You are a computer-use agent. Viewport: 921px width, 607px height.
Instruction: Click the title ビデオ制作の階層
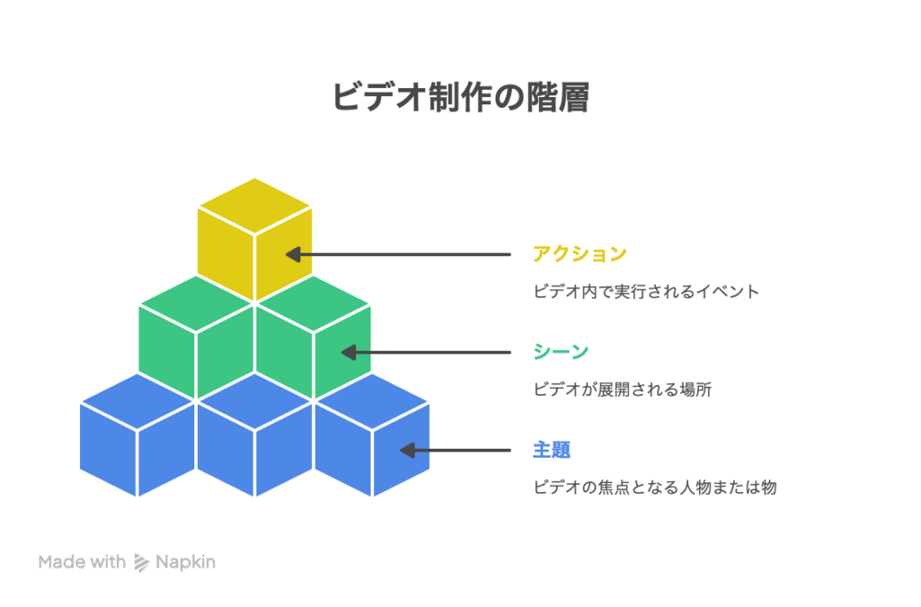[x=460, y=97]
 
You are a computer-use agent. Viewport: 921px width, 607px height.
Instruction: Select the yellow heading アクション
[x=580, y=254]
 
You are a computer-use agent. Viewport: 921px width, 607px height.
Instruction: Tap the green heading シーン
[x=561, y=352]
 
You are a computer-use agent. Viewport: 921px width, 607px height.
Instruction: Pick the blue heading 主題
[x=551, y=450]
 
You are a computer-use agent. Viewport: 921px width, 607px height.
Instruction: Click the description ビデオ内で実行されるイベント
[x=646, y=291]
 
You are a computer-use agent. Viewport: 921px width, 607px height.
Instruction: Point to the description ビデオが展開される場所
[x=622, y=389]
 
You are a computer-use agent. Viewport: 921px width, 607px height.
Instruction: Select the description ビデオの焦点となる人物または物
[x=655, y=487]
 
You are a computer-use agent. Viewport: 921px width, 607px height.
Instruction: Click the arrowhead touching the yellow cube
[x=293, y=254]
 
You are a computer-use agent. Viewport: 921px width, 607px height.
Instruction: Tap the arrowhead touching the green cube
[x=349, y=353]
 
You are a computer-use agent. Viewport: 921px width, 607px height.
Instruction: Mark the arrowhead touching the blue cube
[x=407, y=451]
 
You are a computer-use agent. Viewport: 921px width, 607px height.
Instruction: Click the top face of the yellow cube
[x=255, y=206]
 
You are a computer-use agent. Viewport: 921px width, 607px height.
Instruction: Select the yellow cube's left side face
[x=226, y=254]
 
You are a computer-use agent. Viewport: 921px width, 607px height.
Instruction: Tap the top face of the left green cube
[x=195, y=304]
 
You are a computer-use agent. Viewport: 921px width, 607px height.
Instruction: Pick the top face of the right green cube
[x=313, y=304]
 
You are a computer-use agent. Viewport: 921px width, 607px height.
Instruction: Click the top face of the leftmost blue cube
[x=138, y=402]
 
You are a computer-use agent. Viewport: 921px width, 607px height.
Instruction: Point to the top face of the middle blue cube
[x=255, y=402]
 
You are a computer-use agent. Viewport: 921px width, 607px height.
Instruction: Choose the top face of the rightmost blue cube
[x=371, y=402]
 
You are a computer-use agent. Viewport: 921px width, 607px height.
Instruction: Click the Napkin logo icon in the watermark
[x=141, y=562]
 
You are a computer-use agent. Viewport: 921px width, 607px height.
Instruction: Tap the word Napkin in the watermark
[x=185, y=562]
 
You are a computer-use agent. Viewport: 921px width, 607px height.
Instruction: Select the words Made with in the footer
[x=82, y=562]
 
